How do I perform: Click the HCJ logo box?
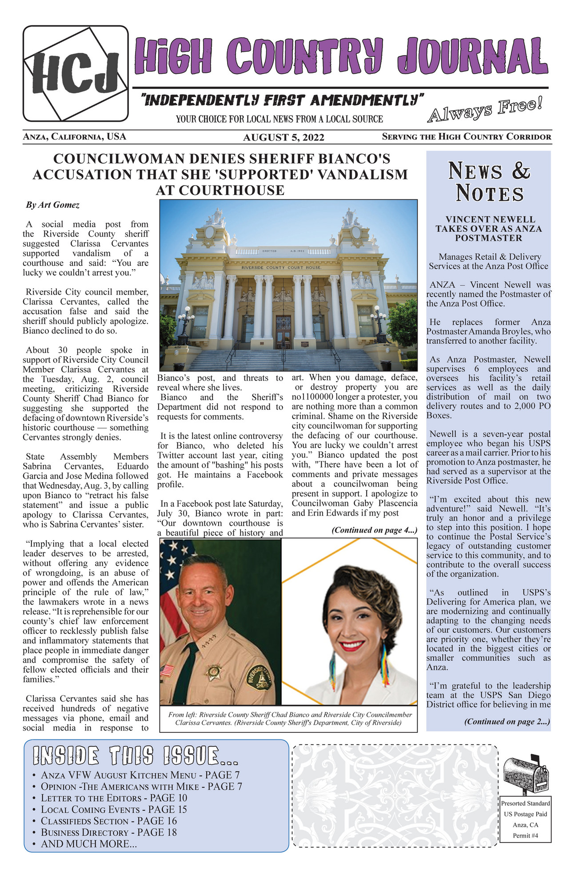click(76, 74)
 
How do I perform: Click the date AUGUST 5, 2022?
click(284, 138)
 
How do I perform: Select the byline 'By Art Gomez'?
click(53, 205)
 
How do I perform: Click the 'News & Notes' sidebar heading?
click(489, 182)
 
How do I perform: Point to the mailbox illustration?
click(525, 774)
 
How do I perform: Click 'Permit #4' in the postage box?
click(525, 835)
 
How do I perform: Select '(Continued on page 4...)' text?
click(374, 530)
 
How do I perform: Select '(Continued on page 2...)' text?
click(507, 722)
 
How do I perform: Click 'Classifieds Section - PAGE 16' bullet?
click(108, 821)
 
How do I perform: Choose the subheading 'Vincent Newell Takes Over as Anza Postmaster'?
click(488, 229)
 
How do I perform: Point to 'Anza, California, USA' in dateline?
click(75, 137)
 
